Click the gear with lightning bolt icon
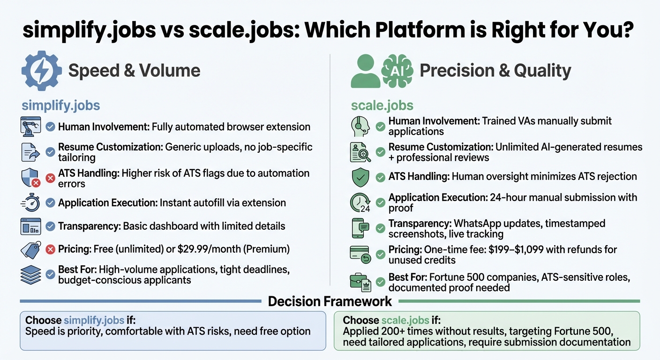[41, 71]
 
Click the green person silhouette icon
[366, 71]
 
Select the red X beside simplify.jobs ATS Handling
[51, 178]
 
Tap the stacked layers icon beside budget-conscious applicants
[31, 275]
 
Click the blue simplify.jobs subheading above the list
[61, 105]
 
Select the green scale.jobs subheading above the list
[382, 105]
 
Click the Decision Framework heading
[330, 301]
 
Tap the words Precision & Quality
[495, 71]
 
